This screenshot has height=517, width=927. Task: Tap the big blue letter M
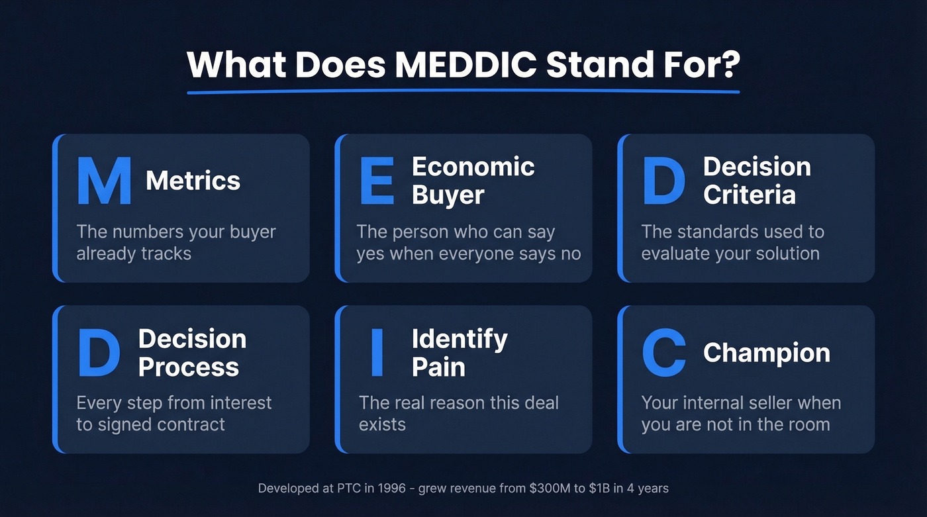coord(104,181)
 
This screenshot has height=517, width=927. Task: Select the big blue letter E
coord(377,181)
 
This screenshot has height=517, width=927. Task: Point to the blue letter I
coord(377,353)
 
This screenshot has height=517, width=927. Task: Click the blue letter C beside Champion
coord(663,353)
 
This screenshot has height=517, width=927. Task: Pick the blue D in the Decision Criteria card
coord(663,181)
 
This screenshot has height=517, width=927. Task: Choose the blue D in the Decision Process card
coord(99,353)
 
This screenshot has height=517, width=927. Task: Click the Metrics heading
coord(193,181)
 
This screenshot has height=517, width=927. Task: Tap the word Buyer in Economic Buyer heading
coord(448,195)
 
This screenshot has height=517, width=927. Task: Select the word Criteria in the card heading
coord(749,195)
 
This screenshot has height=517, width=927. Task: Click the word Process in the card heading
coord(188,367)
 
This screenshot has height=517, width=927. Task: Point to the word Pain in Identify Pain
coord(438,367)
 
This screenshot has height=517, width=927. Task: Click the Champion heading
coord(766,353)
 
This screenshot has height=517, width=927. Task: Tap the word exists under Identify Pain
coord(382,424)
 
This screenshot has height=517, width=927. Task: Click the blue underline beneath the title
coord(463,91)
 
